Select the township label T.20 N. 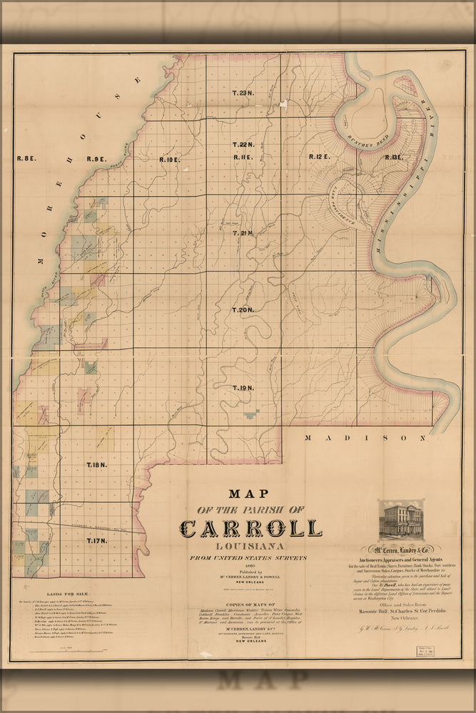pos(243,310)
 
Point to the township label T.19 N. pos(243,388)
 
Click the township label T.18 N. pos(96,465)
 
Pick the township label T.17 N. pos(96,542)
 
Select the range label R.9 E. pos(96,159)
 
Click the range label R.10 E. pos(169,159)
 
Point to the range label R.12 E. pos(319,156)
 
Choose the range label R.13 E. pos(394,156)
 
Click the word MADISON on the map pos(365,438)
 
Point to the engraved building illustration pos(400,520)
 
